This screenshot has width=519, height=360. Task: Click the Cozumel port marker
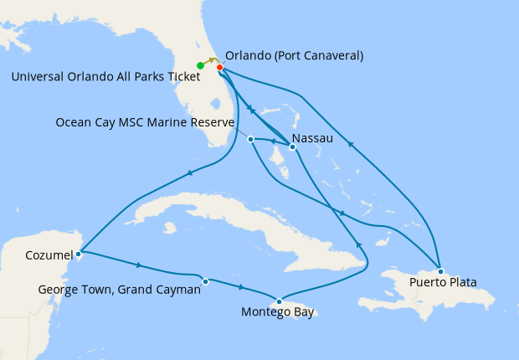(78, 253)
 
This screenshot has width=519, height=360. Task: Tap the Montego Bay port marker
(279, 301)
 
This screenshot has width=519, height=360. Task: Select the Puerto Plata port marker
(440, 271)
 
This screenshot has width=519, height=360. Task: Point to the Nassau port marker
(291, 147)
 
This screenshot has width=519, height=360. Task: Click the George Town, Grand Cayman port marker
(205, 280)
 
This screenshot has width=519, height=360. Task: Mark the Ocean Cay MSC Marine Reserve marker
(251, 139)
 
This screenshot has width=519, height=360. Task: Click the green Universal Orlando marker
(200, 65)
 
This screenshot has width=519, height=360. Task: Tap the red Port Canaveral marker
(219, 68)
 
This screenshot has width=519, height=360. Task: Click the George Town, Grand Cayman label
(120, 290)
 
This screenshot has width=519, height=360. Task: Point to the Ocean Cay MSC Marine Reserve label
(145, 122)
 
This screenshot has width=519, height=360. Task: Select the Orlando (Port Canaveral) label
(294, 56)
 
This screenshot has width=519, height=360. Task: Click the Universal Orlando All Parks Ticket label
(105, 77)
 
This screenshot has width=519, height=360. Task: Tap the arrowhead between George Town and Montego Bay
(241, 288)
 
